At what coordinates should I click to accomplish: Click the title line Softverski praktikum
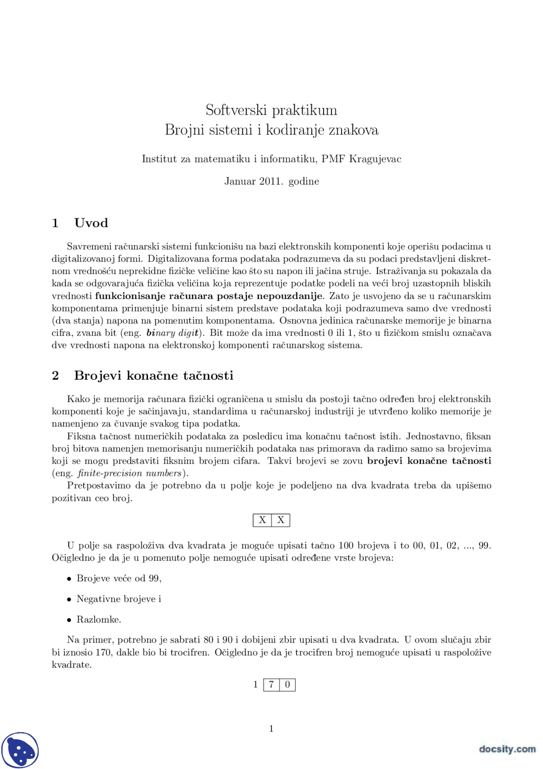[271, 110]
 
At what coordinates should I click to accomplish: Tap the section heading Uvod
[91, 223]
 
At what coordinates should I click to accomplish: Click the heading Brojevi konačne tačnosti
[154, 375]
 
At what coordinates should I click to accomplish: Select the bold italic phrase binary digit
[173, 333]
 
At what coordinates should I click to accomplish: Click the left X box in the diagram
[262, 520]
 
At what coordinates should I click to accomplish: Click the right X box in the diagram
[281, 520]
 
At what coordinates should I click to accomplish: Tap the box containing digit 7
[271, 684]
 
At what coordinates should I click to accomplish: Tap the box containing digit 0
[288, 684]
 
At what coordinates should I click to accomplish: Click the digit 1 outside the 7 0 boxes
[255, 684]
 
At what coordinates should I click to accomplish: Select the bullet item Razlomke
[99, 620]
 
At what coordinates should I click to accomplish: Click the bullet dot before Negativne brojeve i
[69, 600]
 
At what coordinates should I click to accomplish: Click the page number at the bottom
[271, 729]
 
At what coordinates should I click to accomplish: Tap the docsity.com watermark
[507, 749]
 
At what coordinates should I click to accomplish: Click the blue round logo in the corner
[20, 750]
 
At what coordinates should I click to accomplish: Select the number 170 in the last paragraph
[103, 652]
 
